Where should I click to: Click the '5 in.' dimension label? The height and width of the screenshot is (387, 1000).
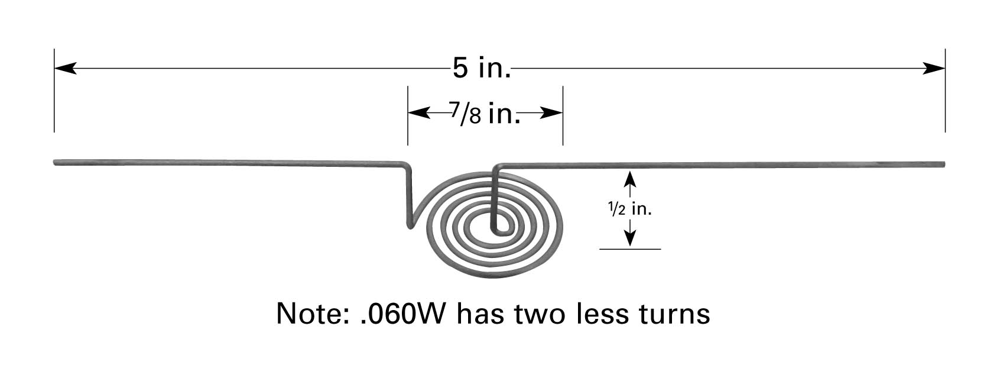[481, 69]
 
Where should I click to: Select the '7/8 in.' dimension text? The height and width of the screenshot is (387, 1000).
[485, 113]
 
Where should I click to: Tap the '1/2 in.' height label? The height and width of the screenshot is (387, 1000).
[630, 209]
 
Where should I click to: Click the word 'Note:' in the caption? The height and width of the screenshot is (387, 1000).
[313, 314]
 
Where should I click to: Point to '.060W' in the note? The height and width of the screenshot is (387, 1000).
[402, 314]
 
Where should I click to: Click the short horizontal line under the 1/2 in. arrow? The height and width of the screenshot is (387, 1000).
[630, 249]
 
